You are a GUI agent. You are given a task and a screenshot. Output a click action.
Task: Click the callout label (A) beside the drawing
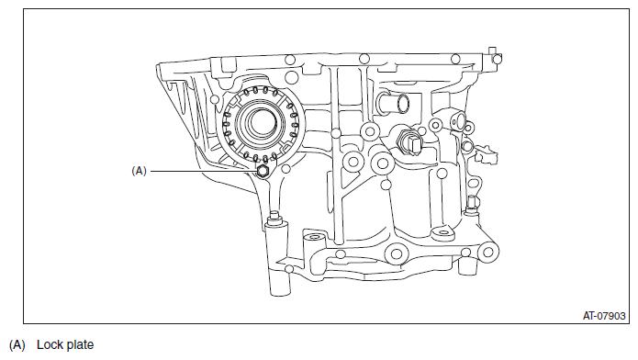(x=140, y=170)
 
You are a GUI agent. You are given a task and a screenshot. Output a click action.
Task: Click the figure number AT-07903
(x=604, y=315)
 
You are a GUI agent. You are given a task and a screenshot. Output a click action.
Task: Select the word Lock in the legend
(x=49, y=345)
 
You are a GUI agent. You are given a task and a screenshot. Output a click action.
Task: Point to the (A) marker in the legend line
(x=17, y=345)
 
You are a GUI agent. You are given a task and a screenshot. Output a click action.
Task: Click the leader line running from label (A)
(x=202, y=170)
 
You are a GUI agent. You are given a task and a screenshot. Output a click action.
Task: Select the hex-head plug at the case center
(x=412, y=142)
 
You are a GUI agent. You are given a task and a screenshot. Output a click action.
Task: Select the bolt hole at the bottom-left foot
(x=288, y=269)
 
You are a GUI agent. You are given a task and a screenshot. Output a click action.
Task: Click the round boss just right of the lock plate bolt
(x=350, y=163)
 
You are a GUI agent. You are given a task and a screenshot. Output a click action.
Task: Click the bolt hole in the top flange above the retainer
(x=289, y=61)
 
